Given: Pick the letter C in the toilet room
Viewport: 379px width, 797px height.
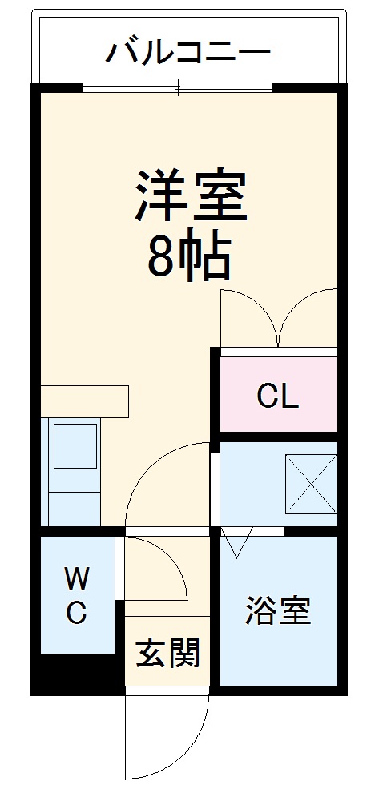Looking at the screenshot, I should (x=76, y=613).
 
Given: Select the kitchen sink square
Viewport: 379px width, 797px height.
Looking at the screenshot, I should (x=75, y=445).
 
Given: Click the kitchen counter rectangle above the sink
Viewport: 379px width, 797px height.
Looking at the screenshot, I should (x=83, y=401).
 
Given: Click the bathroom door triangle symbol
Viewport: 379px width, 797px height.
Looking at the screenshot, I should (x=237, y=545).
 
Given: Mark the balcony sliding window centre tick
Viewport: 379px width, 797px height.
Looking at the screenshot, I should (x=179, y=87).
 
